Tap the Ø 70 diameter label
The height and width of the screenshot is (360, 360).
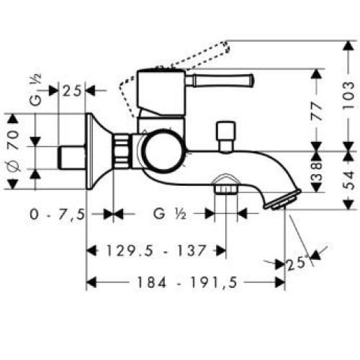[12, 152]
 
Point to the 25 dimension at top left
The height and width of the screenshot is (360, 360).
[71, 91]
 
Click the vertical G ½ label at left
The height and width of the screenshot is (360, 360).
[35, 91]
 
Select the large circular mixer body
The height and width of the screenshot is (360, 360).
[161, 152]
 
